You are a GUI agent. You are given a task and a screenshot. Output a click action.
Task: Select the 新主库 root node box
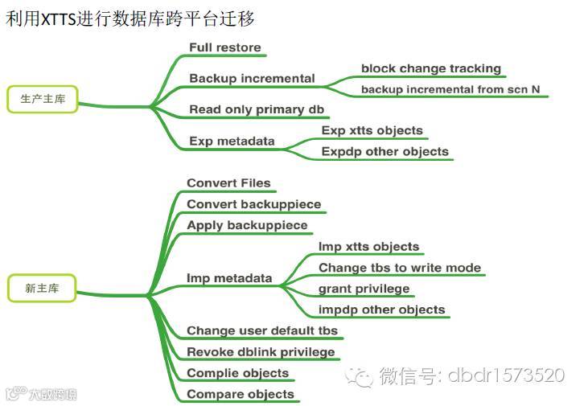pyautogui.click(x=41, y=287)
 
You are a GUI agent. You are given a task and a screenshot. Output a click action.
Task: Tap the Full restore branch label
pyautogui.click(x=225, y=47)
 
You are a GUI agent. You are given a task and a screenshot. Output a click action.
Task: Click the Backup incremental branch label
pyautogui.click(x=252, y=79)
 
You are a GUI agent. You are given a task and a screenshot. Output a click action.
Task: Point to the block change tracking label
pyautogui.click(x=431, y=69)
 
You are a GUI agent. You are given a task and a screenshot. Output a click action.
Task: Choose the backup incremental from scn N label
pyautogui.click(x=450, y=89)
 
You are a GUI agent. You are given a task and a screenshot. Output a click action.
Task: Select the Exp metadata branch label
pyautogui.click(x=232, y=141)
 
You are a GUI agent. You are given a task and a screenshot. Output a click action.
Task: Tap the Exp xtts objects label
pyautogui.click(x=372, y=130)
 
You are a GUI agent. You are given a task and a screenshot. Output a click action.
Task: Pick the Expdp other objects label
pyautogui.click(x=385, y=151)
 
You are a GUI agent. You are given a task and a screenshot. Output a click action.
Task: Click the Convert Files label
pyautogui.click(x=228, y=183)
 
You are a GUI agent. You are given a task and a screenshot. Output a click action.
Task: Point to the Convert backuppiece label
pyautogui.click(x=253, y=204)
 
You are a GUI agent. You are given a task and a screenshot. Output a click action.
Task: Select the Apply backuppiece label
pyautogui.click(x=247, y=225)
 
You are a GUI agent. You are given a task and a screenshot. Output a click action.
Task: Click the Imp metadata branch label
pyautogui.click(x=229, y=279)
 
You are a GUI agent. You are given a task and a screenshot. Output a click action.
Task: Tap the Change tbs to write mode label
pyautogui.click(x=400, y=268)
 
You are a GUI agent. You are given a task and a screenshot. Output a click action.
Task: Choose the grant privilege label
pyautogui.click(x=364, y=289)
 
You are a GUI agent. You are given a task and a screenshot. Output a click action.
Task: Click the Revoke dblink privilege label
pyautogui.click(x=261, y=352)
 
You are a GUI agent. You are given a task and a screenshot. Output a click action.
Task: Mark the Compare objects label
pyautogui.click(x=241, y=394)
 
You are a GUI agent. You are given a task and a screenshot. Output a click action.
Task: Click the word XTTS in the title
pyautogui.click(x=56, y=18)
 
